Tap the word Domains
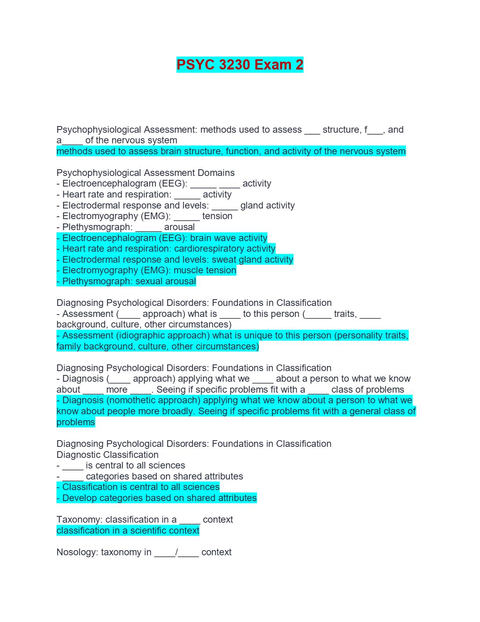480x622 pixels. (x=216, y=173)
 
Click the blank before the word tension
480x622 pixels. (x=187, y=216)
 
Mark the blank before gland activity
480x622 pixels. (x=225, y=206)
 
